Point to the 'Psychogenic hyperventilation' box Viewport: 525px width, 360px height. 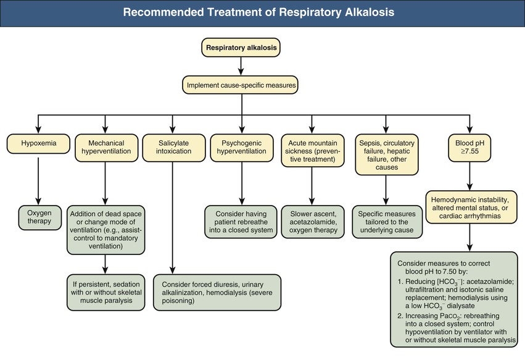(x=241, y=146)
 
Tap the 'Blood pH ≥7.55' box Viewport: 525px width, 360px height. (x=471, y=146)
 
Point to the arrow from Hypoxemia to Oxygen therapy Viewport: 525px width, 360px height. (x=38, y=182)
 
